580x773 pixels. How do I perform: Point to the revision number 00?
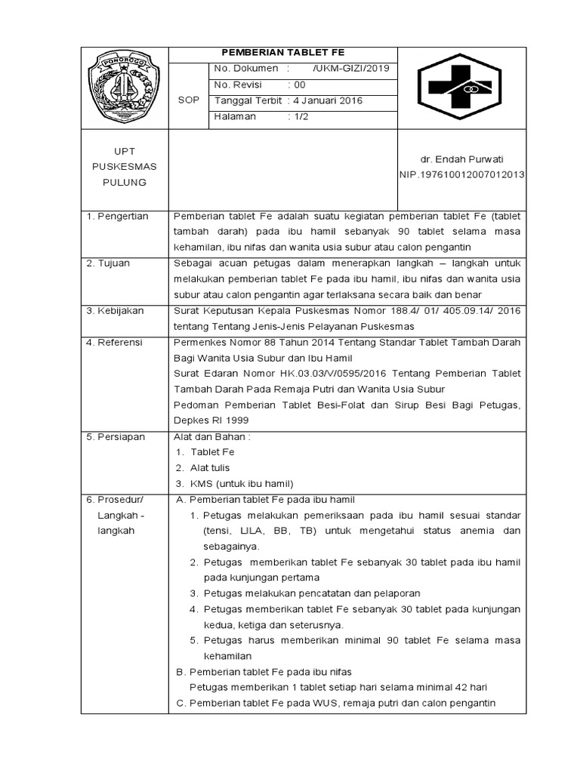(x=299, y=85)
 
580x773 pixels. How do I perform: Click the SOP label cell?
(x=188, y=100)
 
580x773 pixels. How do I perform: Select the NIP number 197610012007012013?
(x=461, y=174)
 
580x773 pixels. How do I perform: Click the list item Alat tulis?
(x=210, y=468)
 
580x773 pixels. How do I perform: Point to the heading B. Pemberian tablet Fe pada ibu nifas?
(x=263, y=672)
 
